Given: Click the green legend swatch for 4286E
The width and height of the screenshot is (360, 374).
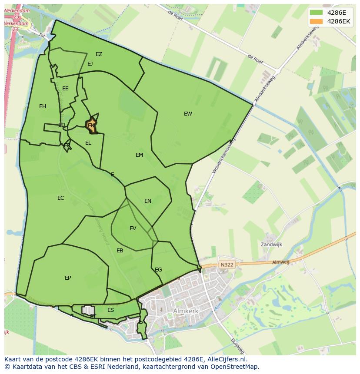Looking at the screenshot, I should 316,12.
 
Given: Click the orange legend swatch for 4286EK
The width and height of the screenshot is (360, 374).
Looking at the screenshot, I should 316,21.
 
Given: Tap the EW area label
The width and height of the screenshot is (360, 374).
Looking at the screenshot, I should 188,114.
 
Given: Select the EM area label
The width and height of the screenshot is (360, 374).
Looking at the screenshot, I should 139,155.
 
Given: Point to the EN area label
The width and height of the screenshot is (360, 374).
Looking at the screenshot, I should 148,201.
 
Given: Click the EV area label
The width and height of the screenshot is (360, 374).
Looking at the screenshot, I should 133,228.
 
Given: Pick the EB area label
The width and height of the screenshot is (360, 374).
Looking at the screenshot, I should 120,251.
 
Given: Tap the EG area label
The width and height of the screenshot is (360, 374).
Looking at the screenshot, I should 158,270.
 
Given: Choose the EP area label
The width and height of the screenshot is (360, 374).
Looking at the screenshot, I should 68,278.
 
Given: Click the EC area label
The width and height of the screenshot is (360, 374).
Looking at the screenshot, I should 61,198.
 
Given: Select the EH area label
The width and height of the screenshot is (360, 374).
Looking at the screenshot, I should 43,106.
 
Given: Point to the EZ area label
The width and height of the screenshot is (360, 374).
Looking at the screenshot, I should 99,54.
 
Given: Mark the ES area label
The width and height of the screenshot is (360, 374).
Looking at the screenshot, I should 111,310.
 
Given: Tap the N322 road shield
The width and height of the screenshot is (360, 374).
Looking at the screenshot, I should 227,265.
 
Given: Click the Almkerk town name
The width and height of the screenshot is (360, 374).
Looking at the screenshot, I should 187,311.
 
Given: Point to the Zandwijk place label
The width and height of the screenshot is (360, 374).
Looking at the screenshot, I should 271,245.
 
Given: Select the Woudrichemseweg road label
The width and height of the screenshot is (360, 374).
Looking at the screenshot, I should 223,156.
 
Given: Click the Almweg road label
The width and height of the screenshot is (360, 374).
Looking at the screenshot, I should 280,262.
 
